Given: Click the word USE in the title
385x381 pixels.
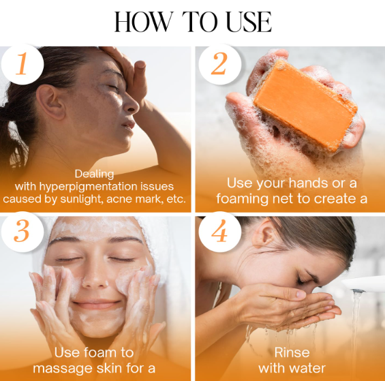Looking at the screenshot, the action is pos(249,22).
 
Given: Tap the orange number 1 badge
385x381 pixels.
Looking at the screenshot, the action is pos(22,64).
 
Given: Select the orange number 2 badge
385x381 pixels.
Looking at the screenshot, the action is pos(219,64).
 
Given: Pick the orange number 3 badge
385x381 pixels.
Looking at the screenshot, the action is pos(22,232).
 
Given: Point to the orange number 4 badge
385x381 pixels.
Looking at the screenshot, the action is pos(219,232).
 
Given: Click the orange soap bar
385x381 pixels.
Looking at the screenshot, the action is pos(305,106).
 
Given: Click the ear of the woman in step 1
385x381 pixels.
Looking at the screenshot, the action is pos(51,102).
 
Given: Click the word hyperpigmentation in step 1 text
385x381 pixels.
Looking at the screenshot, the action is pos(88,187).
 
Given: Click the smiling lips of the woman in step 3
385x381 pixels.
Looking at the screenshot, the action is pos(96,305).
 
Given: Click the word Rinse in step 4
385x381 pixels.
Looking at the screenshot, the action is pos(292,352).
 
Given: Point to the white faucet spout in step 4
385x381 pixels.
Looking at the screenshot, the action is pos(364,284).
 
